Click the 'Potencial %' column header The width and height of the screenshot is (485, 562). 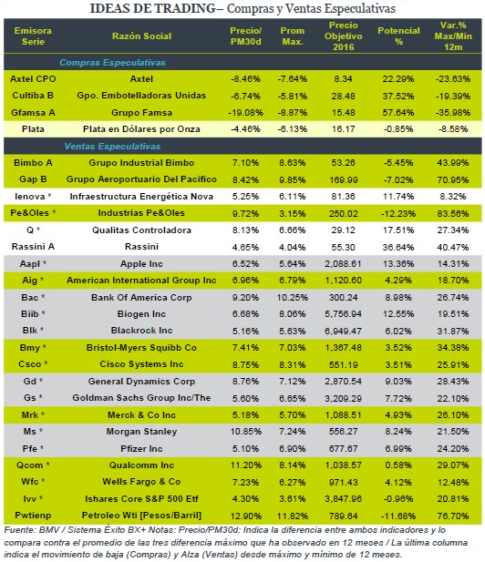click(x=398, y=36)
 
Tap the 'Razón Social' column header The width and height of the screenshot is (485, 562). click(x=141, y=36)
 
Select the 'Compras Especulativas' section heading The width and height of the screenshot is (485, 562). click(x=113, y=63)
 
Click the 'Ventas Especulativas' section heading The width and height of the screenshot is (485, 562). click(x=113, y=147)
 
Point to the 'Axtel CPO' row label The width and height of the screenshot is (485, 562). click(x=33, y=79)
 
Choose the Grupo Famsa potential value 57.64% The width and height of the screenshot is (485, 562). click(x=398, y=113)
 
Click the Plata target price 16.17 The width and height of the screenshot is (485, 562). click(x=344, y=129)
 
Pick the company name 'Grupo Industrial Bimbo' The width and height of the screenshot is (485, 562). click(x=141, y=163)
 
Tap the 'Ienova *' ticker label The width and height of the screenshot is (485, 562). click(x=33, y=197)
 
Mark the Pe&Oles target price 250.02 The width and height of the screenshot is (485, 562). click(x=344, y=214)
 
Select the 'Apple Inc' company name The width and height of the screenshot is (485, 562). click(x=141, y=264)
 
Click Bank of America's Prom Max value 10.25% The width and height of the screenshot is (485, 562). click(x=293, y=298)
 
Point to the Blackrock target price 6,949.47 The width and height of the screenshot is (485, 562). click(x=344, y=331)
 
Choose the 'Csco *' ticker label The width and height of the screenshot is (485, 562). click(x=33, y=364)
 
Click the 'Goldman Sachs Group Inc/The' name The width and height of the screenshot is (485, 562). click(x=141, y=398)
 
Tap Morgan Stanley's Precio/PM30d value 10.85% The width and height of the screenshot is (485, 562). click(x=246, y=432)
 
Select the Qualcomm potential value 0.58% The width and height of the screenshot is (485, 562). click(x=398, y=465)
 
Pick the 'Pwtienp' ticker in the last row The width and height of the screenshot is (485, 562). click(x=33, y=516)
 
